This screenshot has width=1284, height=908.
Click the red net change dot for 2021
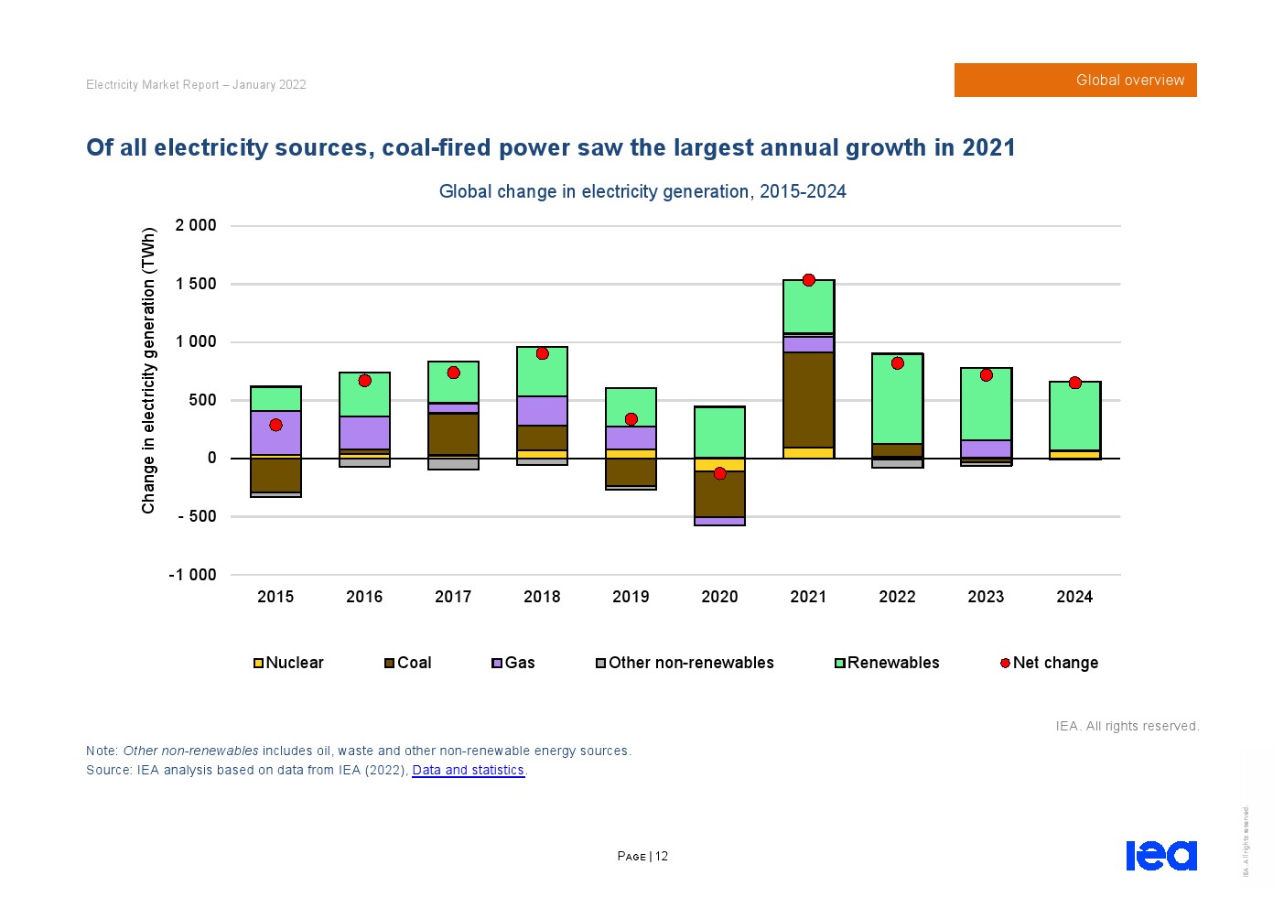click(x=808, y=280)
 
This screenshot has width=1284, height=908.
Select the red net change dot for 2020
click(x=719, y=473)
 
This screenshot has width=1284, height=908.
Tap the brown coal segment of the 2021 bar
click(x=808, y=399)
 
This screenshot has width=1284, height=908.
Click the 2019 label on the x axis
click(x=631, y=597)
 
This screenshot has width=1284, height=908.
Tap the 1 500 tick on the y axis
click(x=196, y=284)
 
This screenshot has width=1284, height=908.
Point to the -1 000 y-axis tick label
click(x=192, y=575)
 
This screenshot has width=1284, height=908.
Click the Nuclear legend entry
click(x=288, y=663)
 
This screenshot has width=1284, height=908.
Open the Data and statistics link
click(x=468, y=770)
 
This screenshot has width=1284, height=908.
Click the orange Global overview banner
click(x=1075, y=81)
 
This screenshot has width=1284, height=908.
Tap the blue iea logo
click(x=1160, y=855)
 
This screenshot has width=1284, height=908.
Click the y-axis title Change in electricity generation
click(x=148, y=370)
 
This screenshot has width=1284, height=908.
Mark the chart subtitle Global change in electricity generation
click(x=642, y=191)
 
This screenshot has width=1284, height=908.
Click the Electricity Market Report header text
click(x=196, y=85)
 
